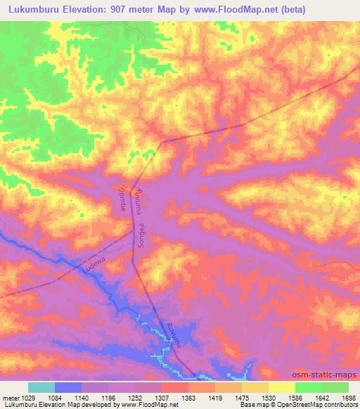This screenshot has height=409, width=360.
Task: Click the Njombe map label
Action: point(121,197)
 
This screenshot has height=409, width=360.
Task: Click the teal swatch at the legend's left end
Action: point(41,387)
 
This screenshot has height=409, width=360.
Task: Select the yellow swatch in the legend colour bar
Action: point(282,387)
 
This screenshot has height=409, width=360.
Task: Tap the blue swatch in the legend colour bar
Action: point(68,387)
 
